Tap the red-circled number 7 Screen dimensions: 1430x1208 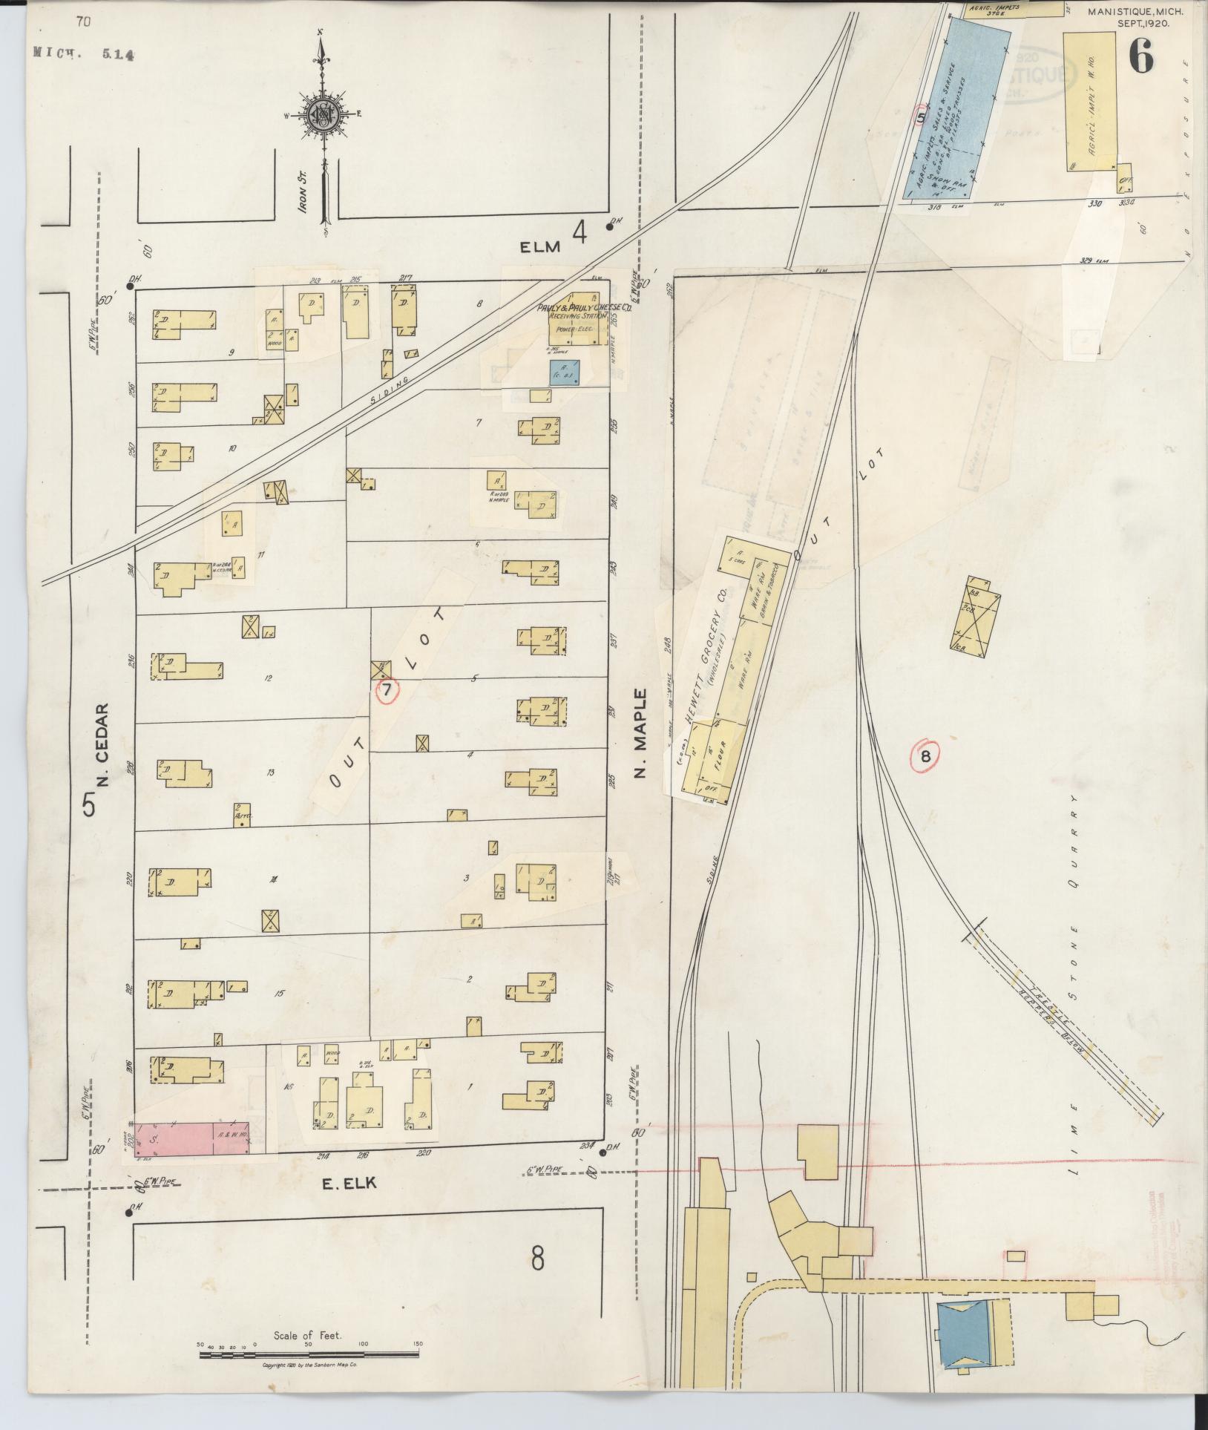tap(387, 691)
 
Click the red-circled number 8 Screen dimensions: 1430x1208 tap(925, 756)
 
